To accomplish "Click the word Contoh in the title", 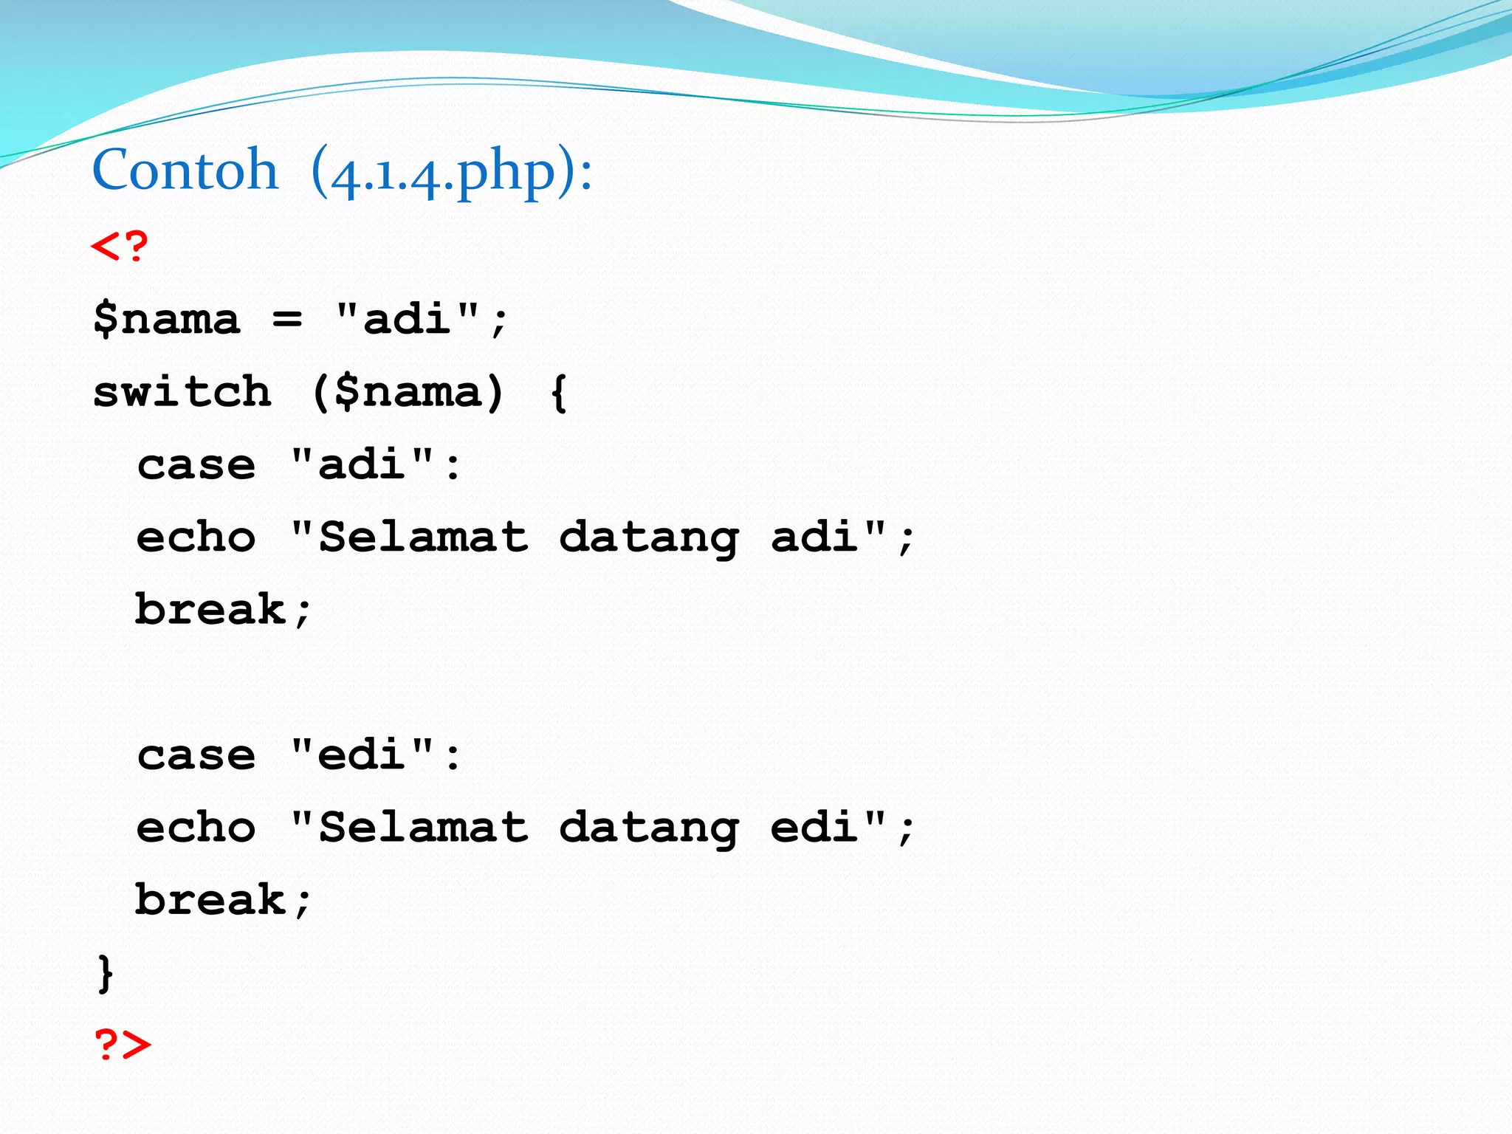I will [185, 171].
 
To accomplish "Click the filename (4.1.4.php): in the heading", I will [451, 173].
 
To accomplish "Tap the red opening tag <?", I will [120, 247].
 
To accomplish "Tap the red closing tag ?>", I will [122, 1045].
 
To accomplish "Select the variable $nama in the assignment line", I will [167, 320].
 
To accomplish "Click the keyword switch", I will [182, 391].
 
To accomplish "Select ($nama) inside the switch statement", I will [408, 392].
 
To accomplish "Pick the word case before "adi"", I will [196, 465].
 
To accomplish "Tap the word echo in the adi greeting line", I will [196, 537].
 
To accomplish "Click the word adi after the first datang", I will [814, 537].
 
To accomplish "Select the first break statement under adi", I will [222, 610].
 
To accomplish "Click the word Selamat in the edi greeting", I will [423, 828].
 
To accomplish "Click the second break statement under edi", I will [222, 900].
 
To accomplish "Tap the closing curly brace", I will [106, 973].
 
